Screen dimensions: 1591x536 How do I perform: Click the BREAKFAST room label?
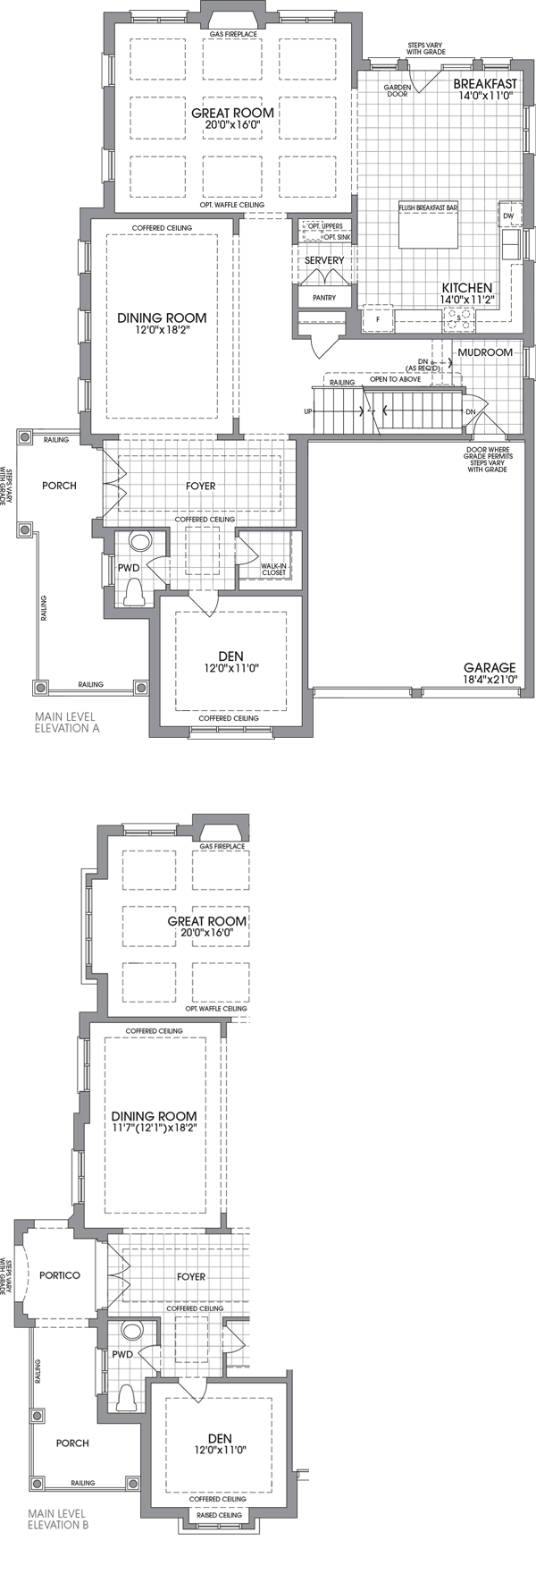point(484,83)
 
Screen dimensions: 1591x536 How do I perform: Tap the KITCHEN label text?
point(466,288)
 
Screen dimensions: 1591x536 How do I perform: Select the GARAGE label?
point(489,667)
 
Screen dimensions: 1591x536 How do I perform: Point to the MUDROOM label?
point(485,352)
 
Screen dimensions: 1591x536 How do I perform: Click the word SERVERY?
point(323,260)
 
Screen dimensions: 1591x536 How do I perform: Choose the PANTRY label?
point(324,298)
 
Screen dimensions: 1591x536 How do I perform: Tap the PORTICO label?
point(60,1275)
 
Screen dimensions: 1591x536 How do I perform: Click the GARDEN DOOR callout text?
point(397,90)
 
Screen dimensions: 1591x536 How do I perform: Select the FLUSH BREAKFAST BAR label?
point(428,207)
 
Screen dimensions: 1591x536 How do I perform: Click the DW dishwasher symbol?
point(508,216)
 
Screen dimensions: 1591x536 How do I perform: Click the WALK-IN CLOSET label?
point(273,569)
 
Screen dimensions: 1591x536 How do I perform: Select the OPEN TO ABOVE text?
point(395,379)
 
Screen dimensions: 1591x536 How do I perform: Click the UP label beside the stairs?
point(308,411)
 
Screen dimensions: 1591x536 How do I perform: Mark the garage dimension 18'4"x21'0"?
point(490,680)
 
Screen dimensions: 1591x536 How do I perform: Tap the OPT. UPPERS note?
point(325,226)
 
